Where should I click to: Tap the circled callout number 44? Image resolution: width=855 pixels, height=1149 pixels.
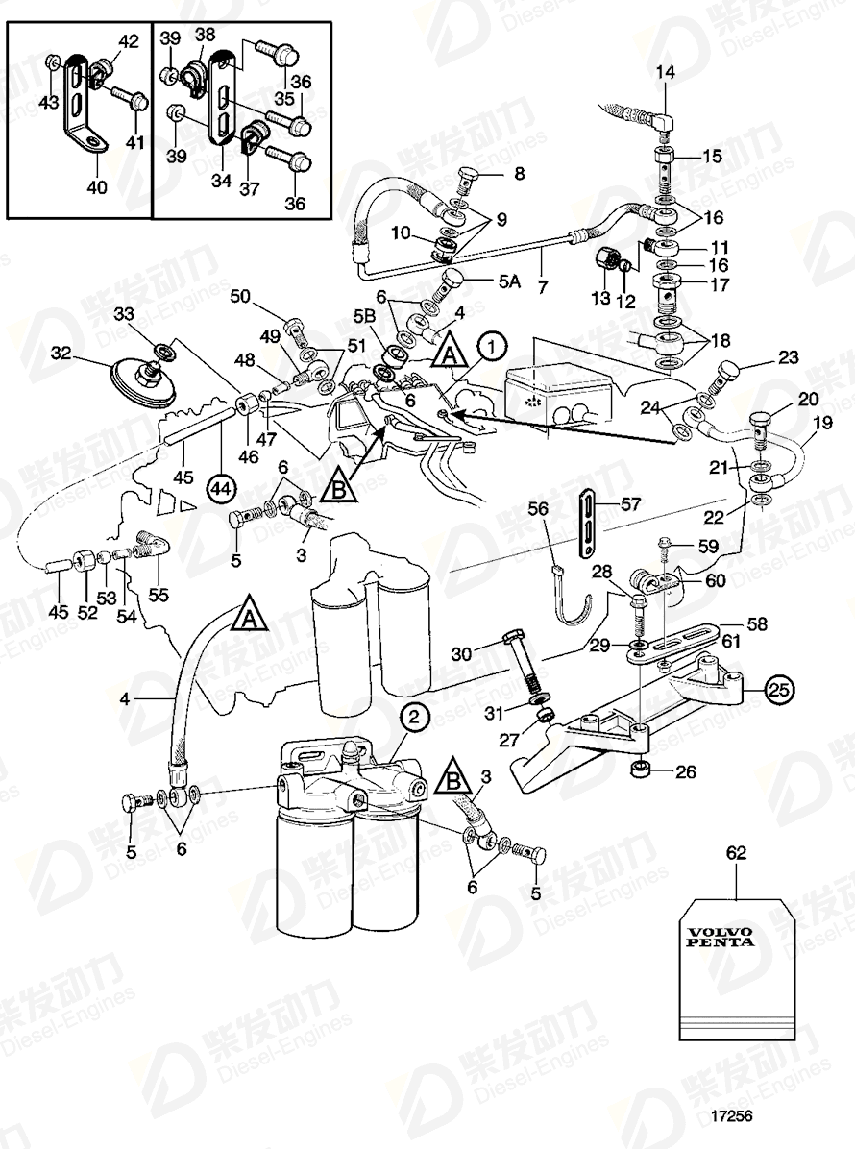point(221,489)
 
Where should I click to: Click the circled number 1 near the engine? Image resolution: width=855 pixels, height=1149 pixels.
point(491,343)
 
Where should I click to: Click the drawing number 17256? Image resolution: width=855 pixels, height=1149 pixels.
point(732,1117)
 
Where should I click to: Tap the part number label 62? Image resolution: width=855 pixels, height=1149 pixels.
point(735,851)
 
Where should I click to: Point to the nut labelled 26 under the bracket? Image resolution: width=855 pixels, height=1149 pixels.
point(639,770)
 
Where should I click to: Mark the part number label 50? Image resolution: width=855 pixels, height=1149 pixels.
point(264,298)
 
